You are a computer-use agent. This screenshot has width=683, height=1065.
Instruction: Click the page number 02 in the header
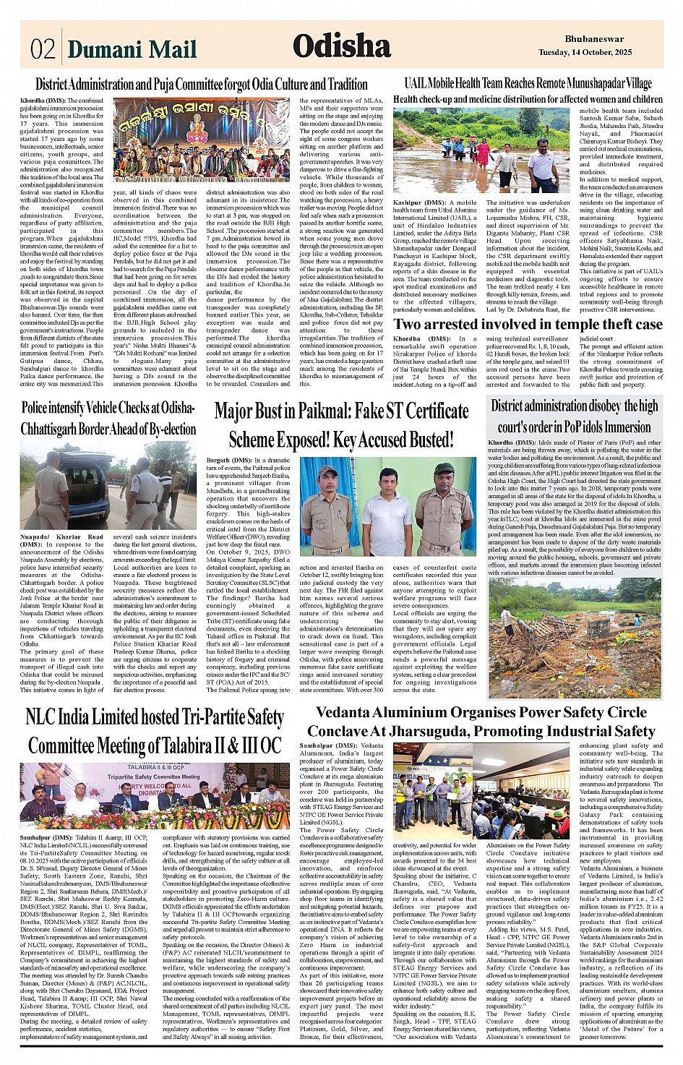pyautogui.click(x=43, y=49)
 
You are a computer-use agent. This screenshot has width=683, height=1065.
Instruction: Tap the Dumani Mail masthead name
pyautogui.click(x=132, y=49)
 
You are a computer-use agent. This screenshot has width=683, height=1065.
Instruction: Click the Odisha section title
pyautogui.click(x=342, y=47)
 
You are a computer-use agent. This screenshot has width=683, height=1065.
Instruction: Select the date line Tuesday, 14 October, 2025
pyautogui.click(x=585, y=53)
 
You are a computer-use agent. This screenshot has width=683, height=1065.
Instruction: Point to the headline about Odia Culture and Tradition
pyautogui.click(x=202, y=84)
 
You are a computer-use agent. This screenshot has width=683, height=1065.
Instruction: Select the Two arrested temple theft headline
pyautogui.click(x=528, y=325)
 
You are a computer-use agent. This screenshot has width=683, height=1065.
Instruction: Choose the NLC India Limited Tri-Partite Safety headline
pyautogui.click(x=154, y=731)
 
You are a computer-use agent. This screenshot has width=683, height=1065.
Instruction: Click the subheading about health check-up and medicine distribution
pyautogui.click(x=528, y=99)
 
